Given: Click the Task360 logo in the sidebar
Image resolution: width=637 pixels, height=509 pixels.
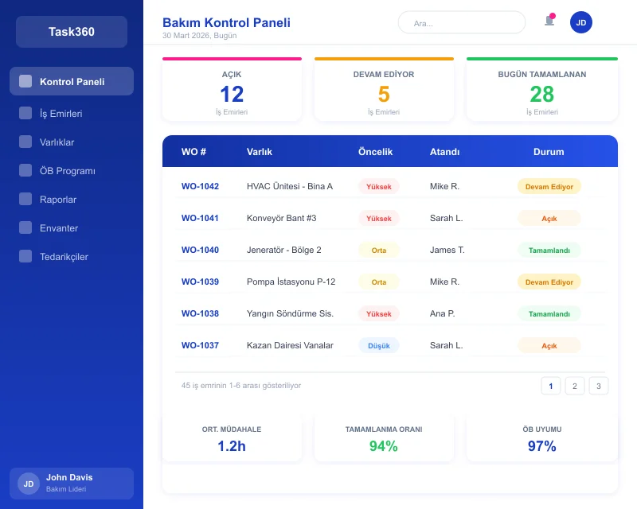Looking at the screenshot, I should coord(72,32).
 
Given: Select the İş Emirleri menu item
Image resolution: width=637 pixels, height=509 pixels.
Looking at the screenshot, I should coord(61,114).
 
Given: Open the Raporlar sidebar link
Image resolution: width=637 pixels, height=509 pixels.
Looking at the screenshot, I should coord(58,200).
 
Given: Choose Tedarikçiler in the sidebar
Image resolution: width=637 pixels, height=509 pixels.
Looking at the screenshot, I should coord(64,257).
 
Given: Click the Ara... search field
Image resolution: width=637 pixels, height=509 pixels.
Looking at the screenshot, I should coord(462,23).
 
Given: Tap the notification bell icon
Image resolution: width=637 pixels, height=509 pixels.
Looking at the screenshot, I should coord(549,21).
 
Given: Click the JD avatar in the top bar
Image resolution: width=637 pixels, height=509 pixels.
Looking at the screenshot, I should coord(581,22).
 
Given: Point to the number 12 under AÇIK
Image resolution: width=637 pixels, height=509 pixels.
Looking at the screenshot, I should coord(232,95).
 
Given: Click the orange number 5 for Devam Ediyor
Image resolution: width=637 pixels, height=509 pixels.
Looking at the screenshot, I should coord(384,95).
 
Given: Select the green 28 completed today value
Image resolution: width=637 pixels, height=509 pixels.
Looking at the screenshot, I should coord(542,95).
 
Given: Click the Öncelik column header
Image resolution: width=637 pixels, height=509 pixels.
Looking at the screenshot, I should coord(376,152).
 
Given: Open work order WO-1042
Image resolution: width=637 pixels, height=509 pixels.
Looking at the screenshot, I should coord(200,186).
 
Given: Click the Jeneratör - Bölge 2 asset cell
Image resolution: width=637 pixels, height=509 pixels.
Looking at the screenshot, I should coord(284,250).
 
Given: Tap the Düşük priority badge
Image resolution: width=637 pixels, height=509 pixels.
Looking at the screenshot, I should coord(379,345).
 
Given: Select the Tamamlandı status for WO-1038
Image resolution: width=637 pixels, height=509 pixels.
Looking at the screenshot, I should coord(549,313).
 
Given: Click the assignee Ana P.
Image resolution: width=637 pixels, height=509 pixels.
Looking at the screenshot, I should coord(442,313).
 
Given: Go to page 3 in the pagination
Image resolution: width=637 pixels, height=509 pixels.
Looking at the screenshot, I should coord(599,386).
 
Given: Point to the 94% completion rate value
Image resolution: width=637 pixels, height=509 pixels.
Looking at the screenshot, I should coord(383,446).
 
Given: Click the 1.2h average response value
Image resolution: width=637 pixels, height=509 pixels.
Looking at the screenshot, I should coord(232,446).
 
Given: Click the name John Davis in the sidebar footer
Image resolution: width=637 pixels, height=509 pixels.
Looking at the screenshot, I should coord(69,477).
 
